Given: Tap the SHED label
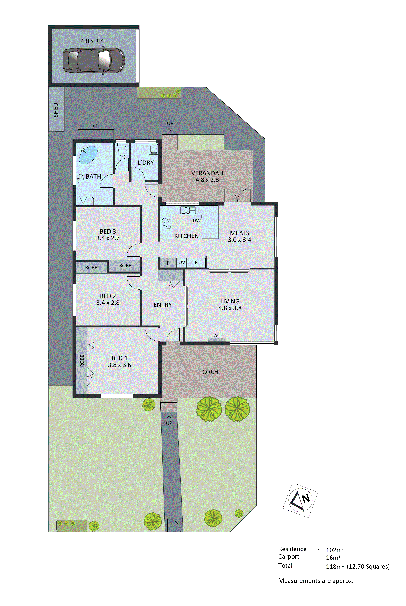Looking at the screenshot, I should tap(56, 110).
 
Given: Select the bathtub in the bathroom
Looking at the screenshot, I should tap(88, 155).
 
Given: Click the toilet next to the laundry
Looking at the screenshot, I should tap(122, 150).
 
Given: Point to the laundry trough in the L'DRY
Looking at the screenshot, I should tap(154, 149).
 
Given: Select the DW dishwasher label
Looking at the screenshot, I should tap(196, 221).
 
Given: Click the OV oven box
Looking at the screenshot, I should tap(182, 262).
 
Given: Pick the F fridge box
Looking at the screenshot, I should tap(196, 262).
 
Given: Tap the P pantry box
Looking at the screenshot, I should tap(168, 263).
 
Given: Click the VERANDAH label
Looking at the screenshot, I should tap(207, 173).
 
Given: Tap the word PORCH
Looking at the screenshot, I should tap(209, 372).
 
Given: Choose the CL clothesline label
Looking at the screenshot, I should tap(96, 126).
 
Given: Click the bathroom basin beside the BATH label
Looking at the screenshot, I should tap(80, 178).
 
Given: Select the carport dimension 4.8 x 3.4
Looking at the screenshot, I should tap(92, 41).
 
